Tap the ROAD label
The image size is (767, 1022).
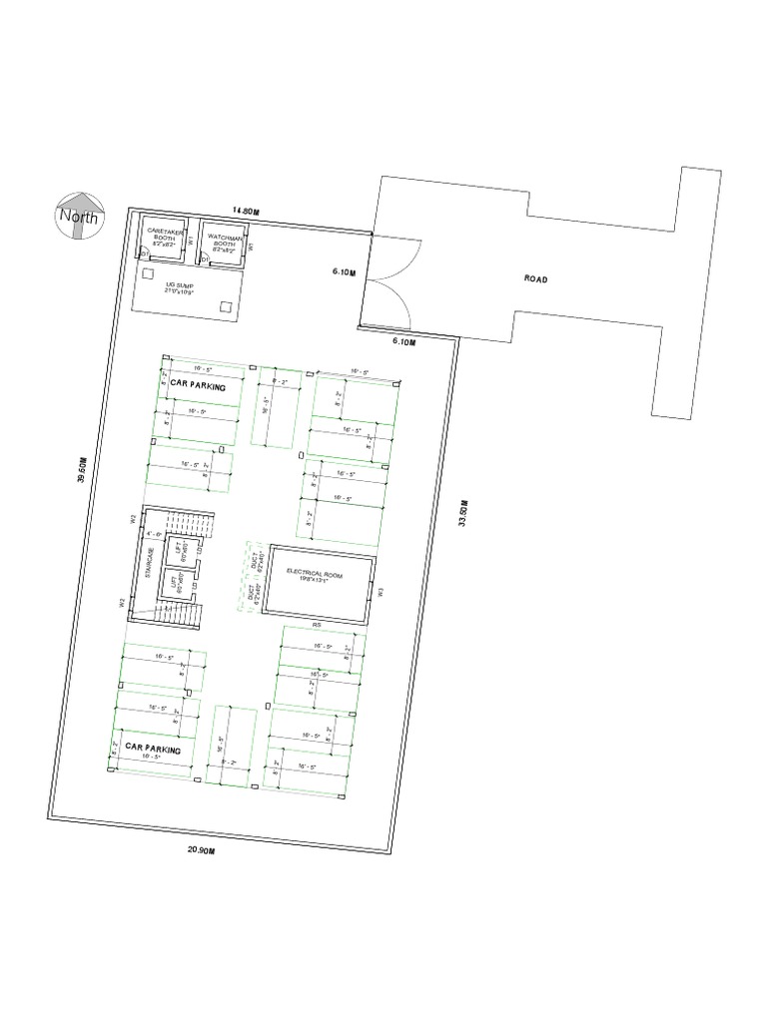tap(536, 279)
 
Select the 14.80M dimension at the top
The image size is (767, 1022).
tap(246, 211)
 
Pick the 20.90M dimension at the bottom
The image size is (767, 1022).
tap(201, 850)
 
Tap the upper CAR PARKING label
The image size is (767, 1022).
tap(199, 384)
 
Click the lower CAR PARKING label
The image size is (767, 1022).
tap(153, 748)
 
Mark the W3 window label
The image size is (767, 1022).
tap(382, 591)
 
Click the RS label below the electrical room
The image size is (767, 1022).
tap(316, 625)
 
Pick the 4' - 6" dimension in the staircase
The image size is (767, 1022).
tap(154, 535)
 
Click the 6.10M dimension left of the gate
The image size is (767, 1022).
tap(343, 271)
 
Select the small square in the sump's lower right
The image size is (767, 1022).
tap(226, 306)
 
